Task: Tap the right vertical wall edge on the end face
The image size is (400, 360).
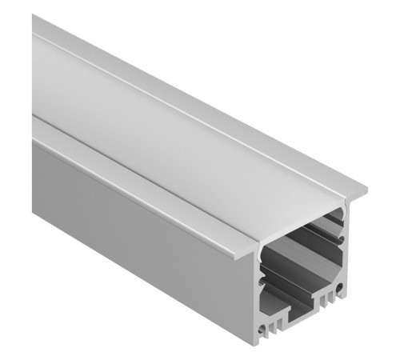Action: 349,256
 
